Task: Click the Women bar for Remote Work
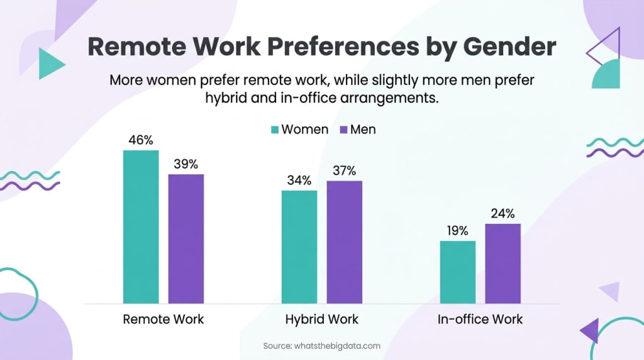pyautogui.click(x=141, y=227)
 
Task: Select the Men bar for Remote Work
pyautogui.click(x=186, y=239)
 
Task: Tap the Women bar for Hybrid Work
pyautogui.click(x=299, y=247)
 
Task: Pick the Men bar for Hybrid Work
pyautogui.click(x=344, y=242)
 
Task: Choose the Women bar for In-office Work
pyautogui.click(x=457, y=273)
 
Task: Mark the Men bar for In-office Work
pyautogui.click(x=502, y=264)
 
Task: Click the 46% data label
pyautogui.click(x=141, y=140)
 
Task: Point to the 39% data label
pyautogui.click(x=186, y=164)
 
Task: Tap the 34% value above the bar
pyautogui.click(x=299, y=181)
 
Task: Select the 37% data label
pyautogui.click(x=344, y=171)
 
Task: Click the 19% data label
pyautogui.click(x=457, y=231)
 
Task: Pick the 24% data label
pyautogui.click(x=502, y=213)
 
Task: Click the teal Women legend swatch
pyautogui.click(x=275, y=130)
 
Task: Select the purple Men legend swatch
pyautogui.click(x=343, y=130)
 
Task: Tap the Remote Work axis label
pyautogui.click(x=164, y=319)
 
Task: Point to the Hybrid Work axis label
pyautogui.click(x=321, y=319)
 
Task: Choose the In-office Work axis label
pyautogui.click(x=480, y=319)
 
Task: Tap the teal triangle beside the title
pyautogui.click(x=50, y=64)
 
